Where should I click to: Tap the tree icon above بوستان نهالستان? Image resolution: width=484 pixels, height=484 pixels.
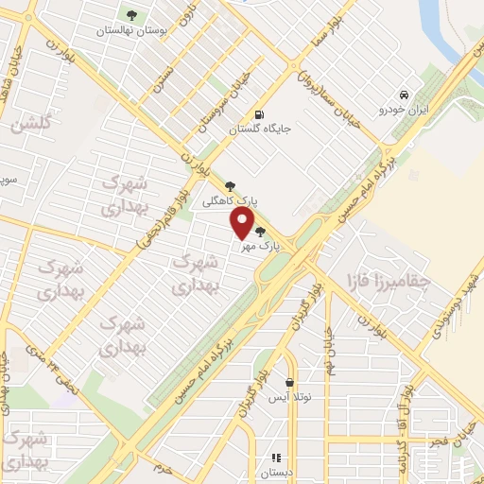(131, 14)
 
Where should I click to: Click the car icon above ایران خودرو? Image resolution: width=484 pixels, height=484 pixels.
(405, 95)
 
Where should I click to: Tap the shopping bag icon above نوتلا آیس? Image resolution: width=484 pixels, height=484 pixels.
(289, 382)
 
